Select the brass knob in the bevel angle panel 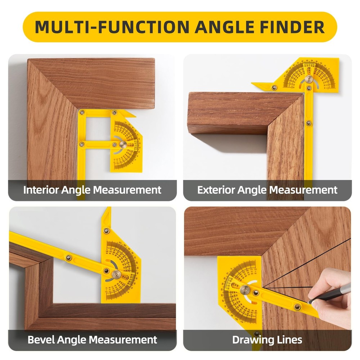[116, 274]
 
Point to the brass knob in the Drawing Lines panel [245, 289]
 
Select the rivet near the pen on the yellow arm [297, 307]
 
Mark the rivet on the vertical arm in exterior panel [309, 123]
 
